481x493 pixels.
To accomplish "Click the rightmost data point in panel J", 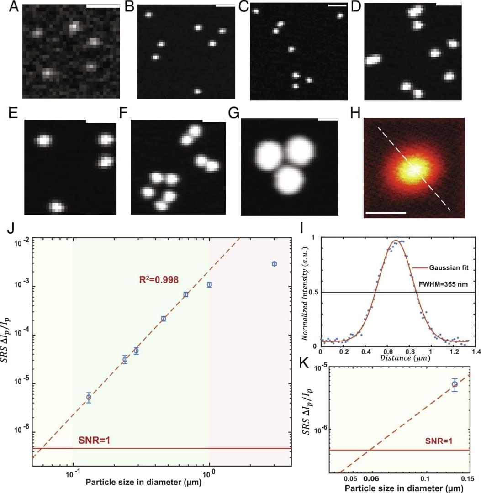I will coord(274,264).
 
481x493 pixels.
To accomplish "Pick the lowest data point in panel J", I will coord(89,397).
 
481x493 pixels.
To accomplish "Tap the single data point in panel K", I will coord(455,384).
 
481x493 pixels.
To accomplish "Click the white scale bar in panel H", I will coord(385,213).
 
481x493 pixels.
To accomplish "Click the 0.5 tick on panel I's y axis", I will coord(313,292).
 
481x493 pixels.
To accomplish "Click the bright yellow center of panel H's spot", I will coord(413,169).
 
